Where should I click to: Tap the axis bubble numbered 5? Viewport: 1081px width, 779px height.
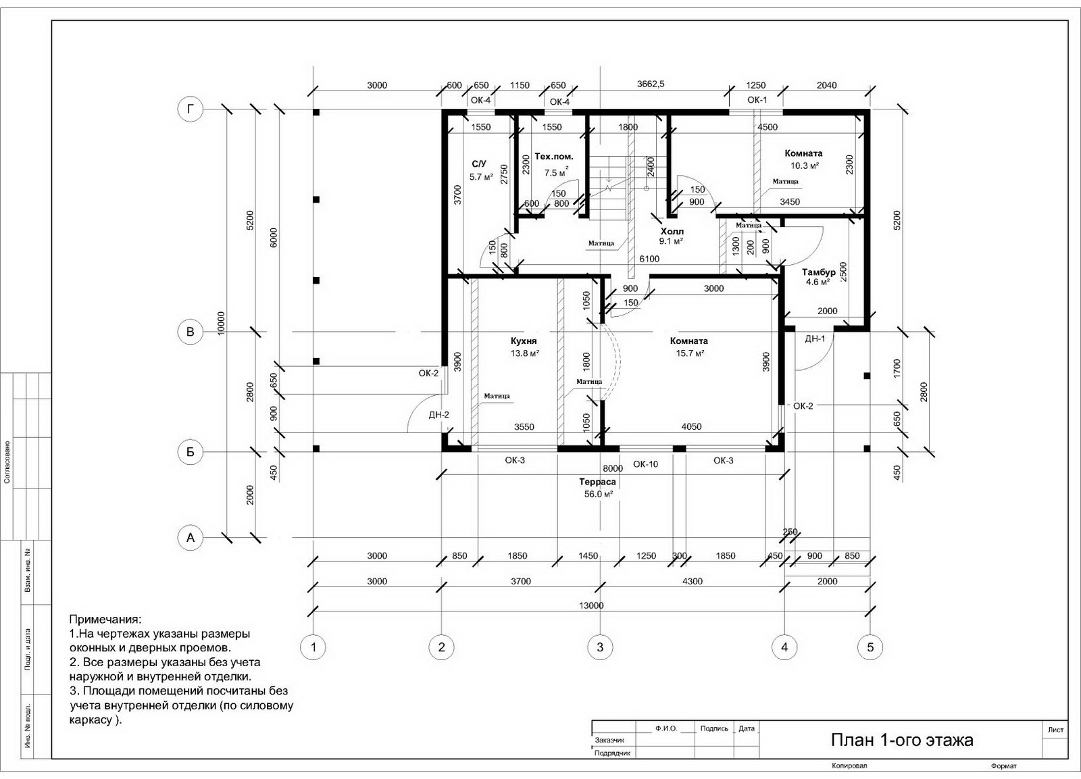click(870, 647)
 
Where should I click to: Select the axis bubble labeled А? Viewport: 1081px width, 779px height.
click(191, 537)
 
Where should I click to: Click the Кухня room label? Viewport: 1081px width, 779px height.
click(524, 341)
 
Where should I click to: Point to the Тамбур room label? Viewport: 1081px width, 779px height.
click(818, 272)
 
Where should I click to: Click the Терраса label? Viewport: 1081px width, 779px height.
click(597, 482)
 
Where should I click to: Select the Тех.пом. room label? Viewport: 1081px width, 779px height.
click(554, 156)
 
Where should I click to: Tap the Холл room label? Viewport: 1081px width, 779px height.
click(672, 231)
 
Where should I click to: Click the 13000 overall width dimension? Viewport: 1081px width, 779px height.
click(591, 605)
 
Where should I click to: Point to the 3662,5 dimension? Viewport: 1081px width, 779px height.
click(651, 84)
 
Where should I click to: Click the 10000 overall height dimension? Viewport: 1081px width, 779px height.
click(221, 324)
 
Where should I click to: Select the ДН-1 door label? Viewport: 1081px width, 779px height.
click(815, 338)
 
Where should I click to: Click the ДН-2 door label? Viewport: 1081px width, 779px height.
click(438, 415)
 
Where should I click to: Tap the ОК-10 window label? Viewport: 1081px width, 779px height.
click(645, 464)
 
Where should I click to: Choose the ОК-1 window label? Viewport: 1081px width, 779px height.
click(757, 100)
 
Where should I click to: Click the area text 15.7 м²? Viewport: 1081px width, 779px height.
click(690, 353)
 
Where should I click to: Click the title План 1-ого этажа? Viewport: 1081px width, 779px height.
click(901, 740)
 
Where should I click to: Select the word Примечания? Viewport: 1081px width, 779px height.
click(105, 620)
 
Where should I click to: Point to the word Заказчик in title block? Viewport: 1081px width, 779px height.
click(609, 739)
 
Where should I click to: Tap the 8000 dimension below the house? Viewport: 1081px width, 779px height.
click(612, 468)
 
